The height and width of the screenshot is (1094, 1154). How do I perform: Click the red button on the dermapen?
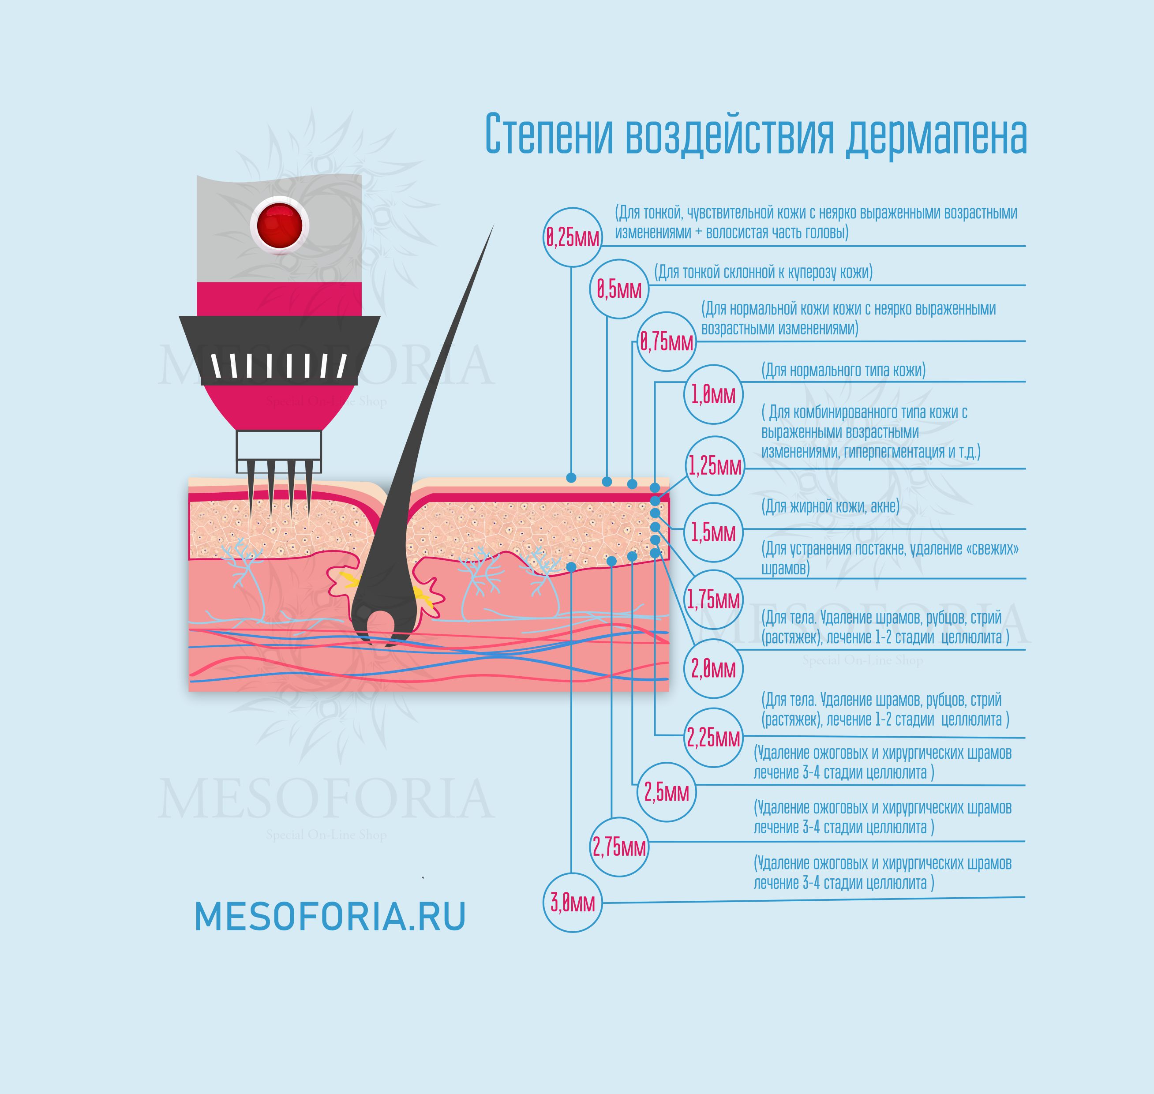pyautogui.click(x=279, y=225)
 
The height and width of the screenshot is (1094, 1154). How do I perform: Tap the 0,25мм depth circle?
pyautogui.click(x=572, y=237)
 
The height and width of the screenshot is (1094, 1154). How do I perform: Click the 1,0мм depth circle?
pyautogui.click(x=713, y=395)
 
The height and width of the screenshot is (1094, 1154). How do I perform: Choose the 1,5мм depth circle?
pyautogui.click(x=713, y=532)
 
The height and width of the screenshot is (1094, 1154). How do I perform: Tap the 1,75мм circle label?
pyautogui.click(x=713, y=599)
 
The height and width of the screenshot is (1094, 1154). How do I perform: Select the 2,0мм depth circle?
pyautogui.click(x=713, y=669)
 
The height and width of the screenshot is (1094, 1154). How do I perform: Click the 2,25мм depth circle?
pyautogui.click(x=713, y=738)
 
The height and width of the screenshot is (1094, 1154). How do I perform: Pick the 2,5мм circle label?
pyautogui.click(x=666, y=792)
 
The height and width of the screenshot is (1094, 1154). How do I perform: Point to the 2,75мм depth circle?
pyautogui.click(x=619, y=847)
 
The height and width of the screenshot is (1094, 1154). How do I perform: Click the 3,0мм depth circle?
pyautogui.click(x=572, y=902)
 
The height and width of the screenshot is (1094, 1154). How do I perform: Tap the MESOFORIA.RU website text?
pyautogui.click(x=330, y=917)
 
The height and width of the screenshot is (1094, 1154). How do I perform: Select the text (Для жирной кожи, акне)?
pyautogui.click(x=830, y=506)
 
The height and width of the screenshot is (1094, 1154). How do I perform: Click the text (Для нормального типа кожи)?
pyautogui.click(x=843, y=370)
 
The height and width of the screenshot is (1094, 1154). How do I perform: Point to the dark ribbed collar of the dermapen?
pyautogui.click(x=279, y=350)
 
